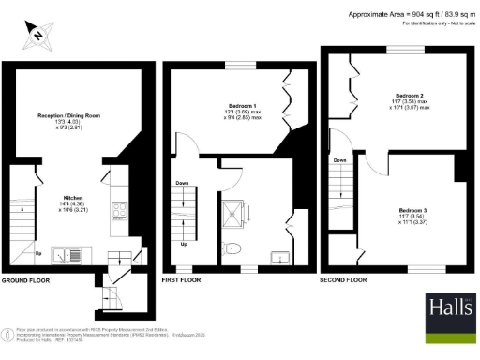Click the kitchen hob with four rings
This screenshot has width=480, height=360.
point(119,211)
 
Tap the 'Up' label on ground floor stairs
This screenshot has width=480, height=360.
point(37,253)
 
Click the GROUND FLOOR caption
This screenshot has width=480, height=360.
point(24,280)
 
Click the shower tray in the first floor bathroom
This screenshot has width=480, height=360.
point(231,217)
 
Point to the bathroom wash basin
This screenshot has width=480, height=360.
point(278,256)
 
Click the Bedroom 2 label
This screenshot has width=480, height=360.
point(410,97)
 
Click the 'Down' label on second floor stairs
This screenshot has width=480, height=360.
point(338,160)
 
